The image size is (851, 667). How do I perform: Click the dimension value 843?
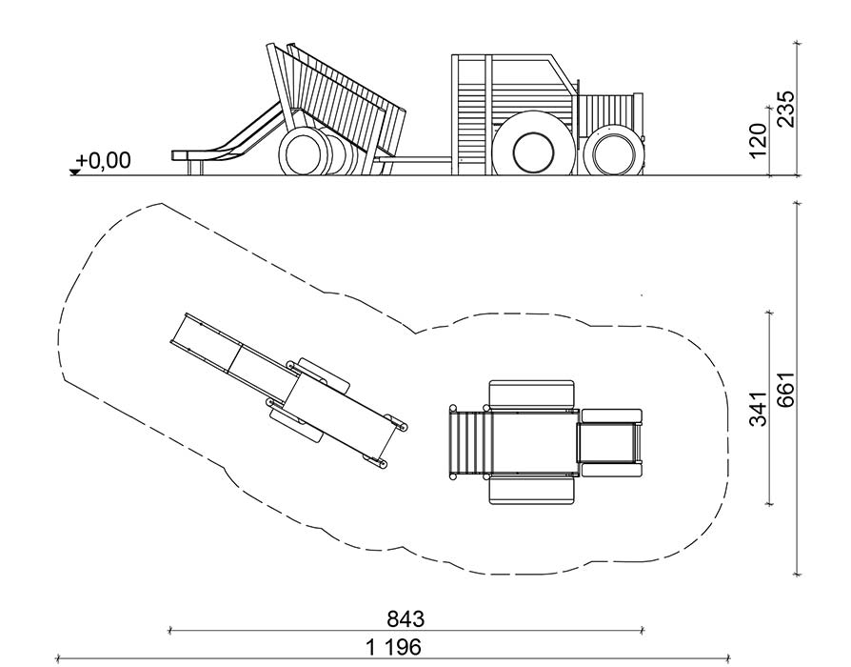pos(406,618)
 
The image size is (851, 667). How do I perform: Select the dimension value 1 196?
pos(393,647)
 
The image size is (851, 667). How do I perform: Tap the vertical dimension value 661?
pos(786,390)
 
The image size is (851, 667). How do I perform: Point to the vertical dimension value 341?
pos(759,409)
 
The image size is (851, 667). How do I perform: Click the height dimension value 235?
pos(784,110)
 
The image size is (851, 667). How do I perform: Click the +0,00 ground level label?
pos(104,161)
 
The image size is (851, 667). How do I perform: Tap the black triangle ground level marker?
pos(74,172)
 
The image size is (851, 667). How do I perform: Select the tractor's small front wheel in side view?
pos(612,150)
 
